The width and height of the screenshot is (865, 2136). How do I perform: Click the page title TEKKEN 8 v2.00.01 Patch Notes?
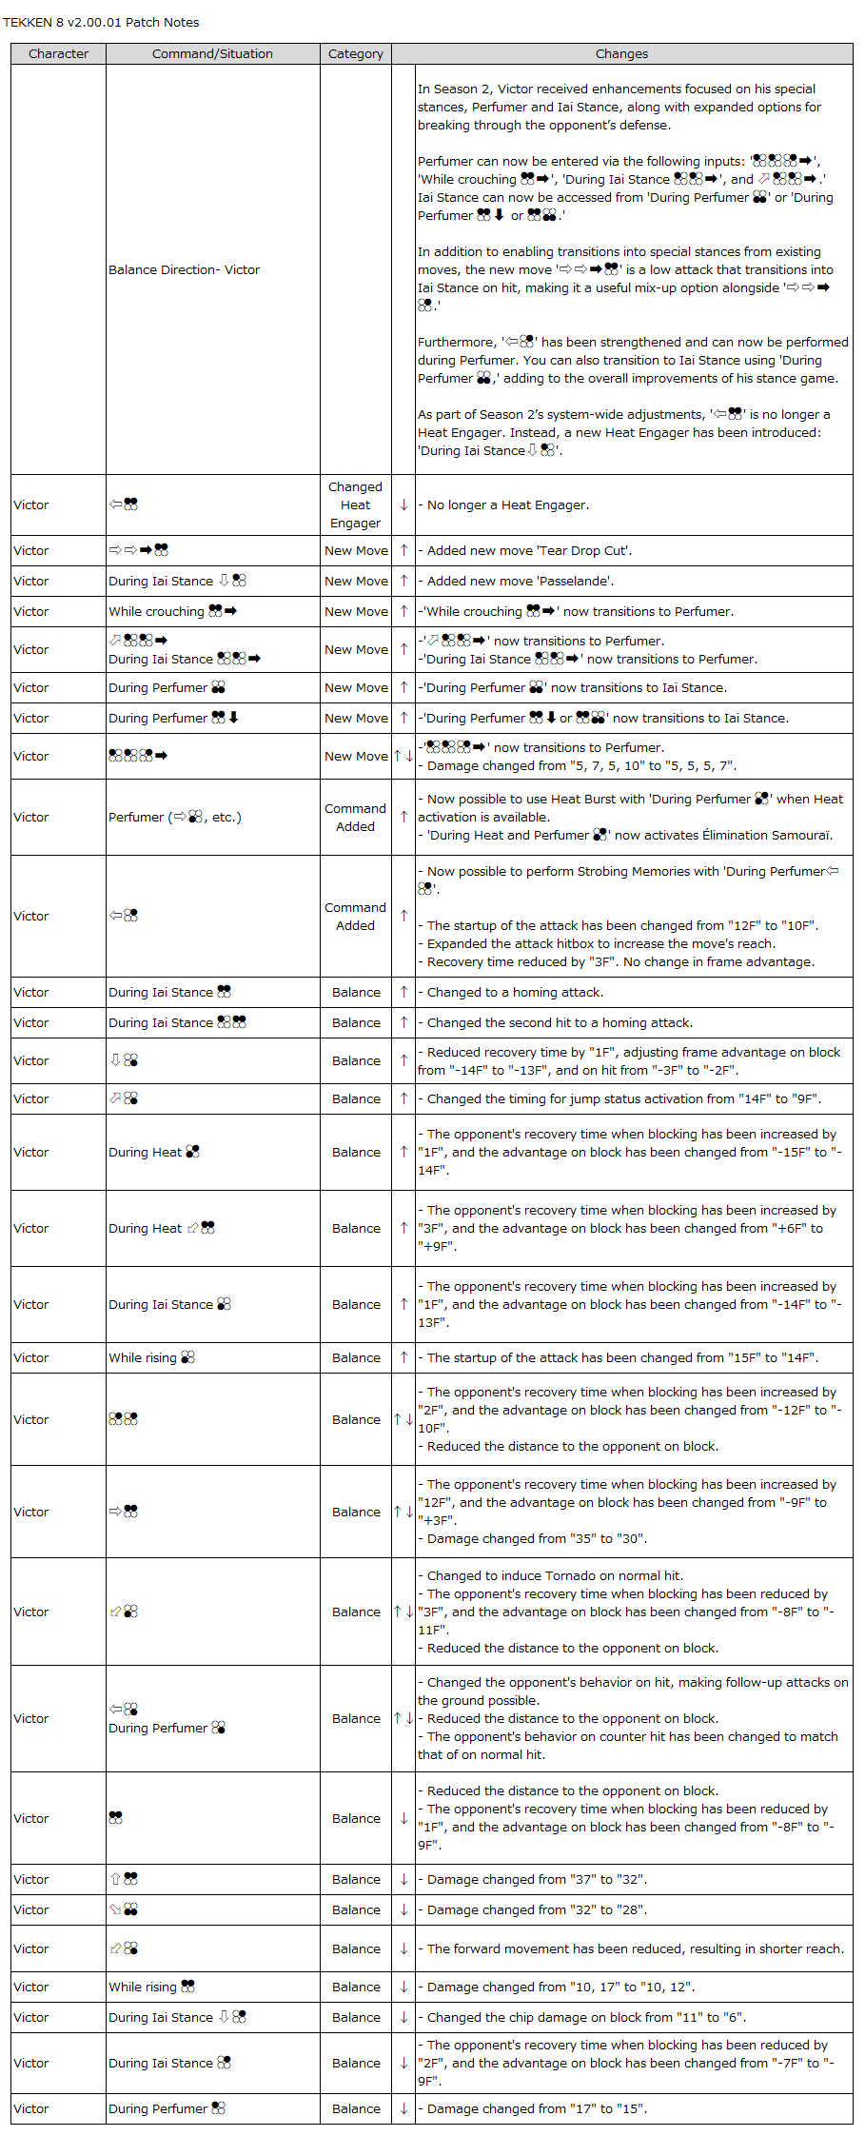tap(101, 22)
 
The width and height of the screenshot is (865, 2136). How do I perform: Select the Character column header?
tap(58, 54)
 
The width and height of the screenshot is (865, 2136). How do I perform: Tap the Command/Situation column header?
tap(212, 54)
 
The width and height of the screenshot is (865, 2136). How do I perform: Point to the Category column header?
tap(356, 54)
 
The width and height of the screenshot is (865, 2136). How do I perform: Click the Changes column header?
tap(621, 54)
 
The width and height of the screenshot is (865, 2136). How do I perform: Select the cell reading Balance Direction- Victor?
tap(185, 270)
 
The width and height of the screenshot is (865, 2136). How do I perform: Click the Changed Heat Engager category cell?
tap(355, 505)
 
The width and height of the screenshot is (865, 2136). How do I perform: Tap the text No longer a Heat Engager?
tap(507, 505)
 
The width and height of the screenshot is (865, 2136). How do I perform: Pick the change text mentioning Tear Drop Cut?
tap(529, 551)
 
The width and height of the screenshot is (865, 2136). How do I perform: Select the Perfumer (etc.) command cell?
tap(175, 818)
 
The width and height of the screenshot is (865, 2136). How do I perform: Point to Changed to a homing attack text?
tap(515, 993)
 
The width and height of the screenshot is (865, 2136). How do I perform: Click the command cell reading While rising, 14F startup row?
tap(151, 1358)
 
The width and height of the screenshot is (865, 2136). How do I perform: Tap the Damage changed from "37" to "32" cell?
tap(537, 1880)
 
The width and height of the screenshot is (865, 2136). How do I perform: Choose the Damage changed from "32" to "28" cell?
tap(537, 1910)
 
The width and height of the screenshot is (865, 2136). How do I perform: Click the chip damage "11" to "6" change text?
tap(586, 2017)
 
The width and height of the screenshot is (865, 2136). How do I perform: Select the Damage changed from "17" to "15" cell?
tap(537, 2109)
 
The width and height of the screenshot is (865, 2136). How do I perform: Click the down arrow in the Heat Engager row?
tap(403, 505)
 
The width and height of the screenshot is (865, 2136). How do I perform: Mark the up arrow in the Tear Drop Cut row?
tap(403, 551)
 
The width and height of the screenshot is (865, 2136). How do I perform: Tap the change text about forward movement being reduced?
tap(635, 1949)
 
